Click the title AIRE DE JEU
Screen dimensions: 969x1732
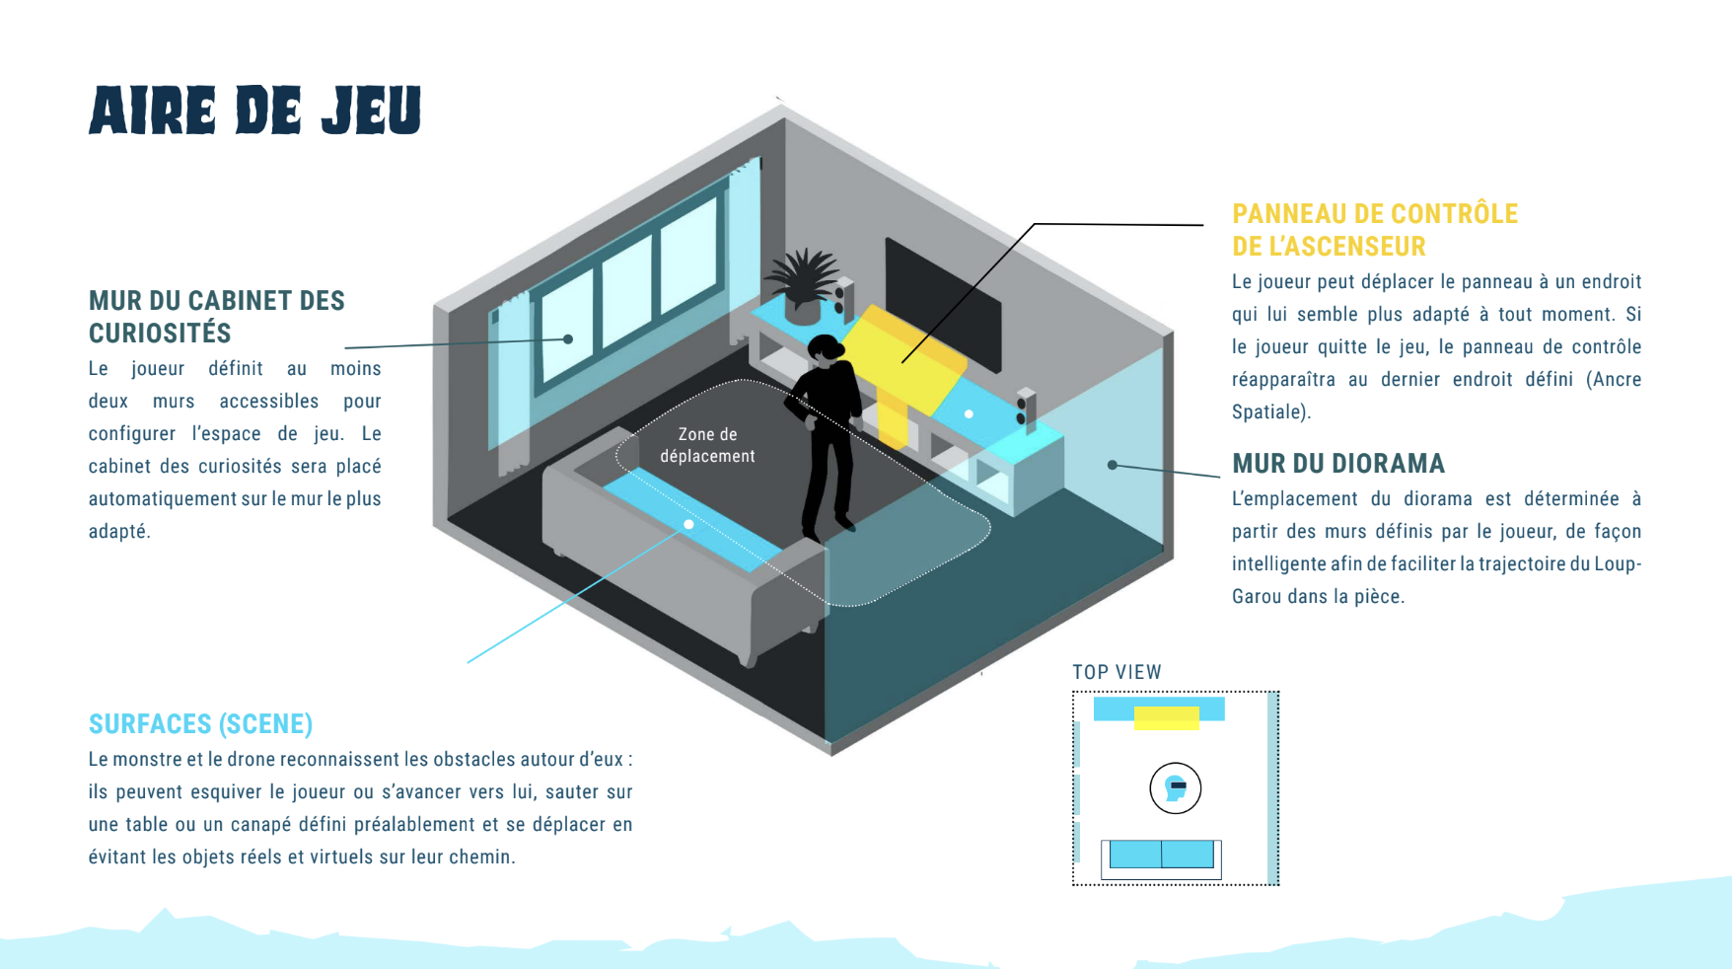pos(254,110)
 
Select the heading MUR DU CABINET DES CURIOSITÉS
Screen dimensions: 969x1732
pos(216,317)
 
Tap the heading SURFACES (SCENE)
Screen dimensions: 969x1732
pos(200,724)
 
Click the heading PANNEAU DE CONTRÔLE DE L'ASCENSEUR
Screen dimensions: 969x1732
pos(1374,230)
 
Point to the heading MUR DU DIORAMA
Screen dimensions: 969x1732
pos(1337,464)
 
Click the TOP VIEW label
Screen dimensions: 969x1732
pos(1117,672)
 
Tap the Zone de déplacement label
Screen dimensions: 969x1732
pos(707,445)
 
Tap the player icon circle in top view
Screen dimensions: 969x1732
pos(1175,788)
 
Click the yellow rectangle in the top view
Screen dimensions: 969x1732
pos(1166,718)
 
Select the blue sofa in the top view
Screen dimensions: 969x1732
pos(1161,855)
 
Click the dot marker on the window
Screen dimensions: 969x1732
pos(568,339)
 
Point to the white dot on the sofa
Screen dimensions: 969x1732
pos(688,524)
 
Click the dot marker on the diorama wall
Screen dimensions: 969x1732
pos(1113,465)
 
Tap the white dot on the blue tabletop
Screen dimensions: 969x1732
pos(969,414)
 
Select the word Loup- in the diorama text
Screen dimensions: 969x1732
pos(1618,563)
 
